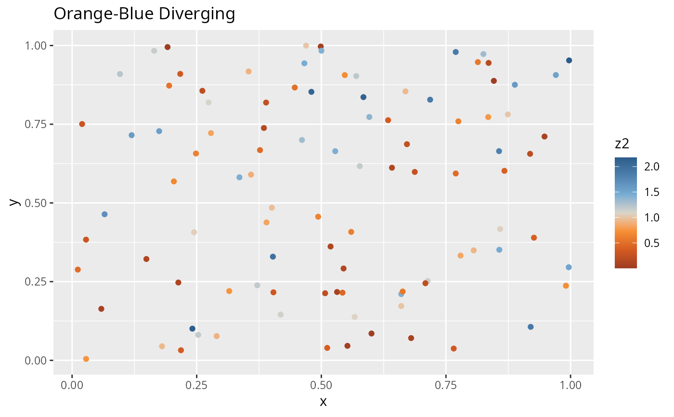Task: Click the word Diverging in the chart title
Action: point(197,14)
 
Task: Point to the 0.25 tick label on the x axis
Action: point(196,385)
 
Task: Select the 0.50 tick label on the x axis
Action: point(322,385)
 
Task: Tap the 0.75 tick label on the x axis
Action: point(446,385)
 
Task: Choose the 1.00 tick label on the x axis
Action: point(570,385)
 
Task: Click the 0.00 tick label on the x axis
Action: point(72,385)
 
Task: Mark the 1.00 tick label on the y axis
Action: point(36,46)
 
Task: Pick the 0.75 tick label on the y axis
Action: point(36,124)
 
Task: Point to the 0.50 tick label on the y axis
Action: point(36,203)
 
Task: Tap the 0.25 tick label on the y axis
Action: point(36,282)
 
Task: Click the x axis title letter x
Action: point(323,402)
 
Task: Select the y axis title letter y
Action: point(14,202)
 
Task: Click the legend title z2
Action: point(622,144)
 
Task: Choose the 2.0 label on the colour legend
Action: point(651,167)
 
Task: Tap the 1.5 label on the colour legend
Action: point(651,192)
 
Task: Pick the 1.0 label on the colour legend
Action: point(651,218)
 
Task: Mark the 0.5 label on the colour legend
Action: point(651,243)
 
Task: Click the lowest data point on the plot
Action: point(86,359)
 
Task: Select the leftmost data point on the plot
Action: point(78,270)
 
